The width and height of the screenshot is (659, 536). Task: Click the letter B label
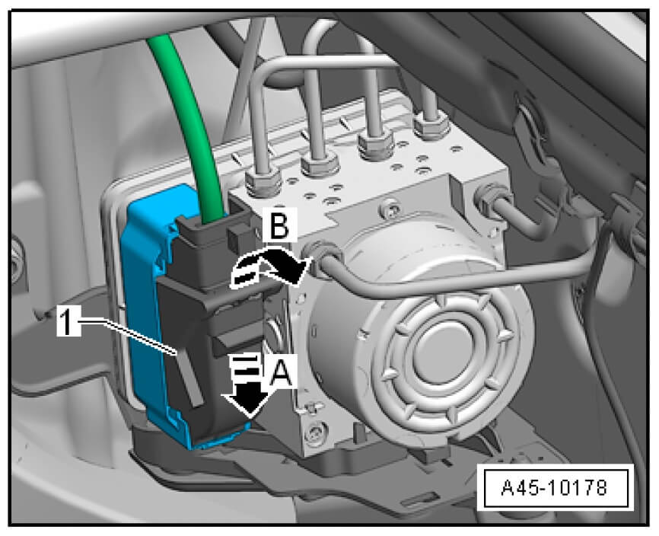tap(279, 226)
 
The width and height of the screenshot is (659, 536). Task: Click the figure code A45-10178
tap(554, 488)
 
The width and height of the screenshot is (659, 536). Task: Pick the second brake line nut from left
tap(320, 164)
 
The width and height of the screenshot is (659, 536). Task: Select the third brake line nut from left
tap(375, 143)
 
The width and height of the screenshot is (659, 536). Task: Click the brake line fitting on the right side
tap(492, 199)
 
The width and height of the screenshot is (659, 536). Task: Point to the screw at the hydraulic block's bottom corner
tap(314, 434)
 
